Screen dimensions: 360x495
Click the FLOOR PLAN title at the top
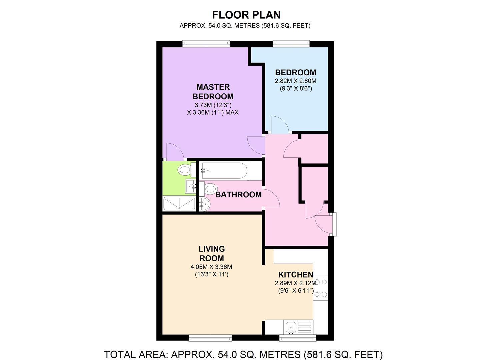point(246,15)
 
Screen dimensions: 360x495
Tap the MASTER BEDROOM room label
point(213,92)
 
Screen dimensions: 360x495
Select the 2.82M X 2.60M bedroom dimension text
point(295,81)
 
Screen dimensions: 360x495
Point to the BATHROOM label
point(238,195)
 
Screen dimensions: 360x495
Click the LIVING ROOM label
point(212,253)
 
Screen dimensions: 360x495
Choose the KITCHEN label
point(296,275)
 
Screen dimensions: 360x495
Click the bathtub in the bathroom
point(224,170)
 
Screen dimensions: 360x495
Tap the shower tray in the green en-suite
point(179,203)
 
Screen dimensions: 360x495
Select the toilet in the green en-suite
point(185,170)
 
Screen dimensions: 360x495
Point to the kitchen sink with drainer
point(298,326)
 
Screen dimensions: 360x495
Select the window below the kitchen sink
point(298,338)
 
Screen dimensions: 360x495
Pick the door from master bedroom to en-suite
point(174,152)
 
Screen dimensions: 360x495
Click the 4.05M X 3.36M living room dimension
point(211,267)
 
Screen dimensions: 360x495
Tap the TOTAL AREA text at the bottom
point(243,354)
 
